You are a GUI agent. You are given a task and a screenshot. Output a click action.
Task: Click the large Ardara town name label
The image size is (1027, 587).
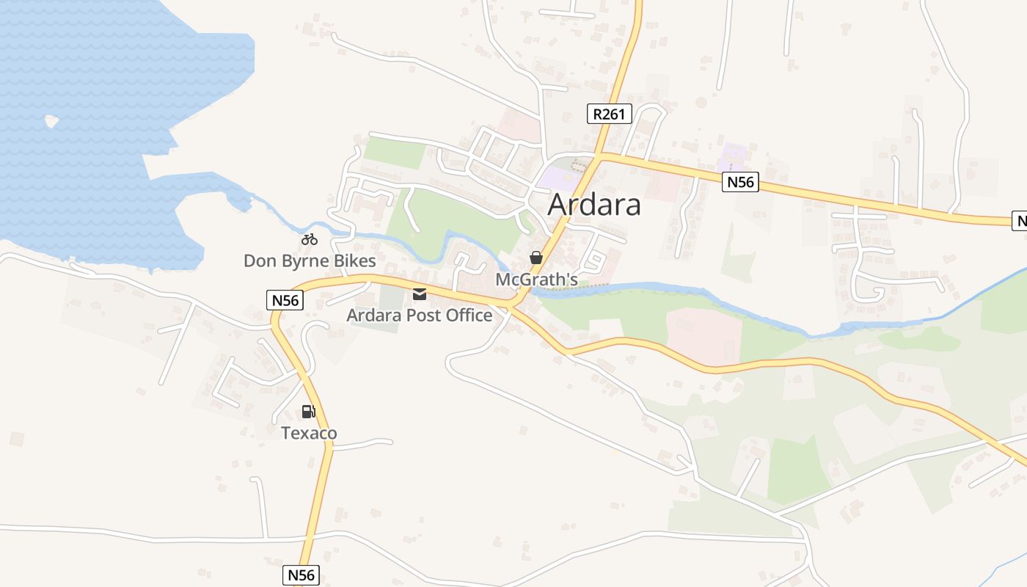pos(594,205)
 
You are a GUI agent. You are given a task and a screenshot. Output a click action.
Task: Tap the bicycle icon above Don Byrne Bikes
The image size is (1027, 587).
pos(310,239)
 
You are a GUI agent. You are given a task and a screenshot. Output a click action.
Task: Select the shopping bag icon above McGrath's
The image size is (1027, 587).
pos(536,258)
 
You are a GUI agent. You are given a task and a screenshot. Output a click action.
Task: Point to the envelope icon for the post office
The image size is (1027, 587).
pos(420,294)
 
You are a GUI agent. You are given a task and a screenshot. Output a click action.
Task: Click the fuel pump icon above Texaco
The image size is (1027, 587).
pos(309,412)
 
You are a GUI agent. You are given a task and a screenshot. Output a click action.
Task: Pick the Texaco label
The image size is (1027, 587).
pos(309,433)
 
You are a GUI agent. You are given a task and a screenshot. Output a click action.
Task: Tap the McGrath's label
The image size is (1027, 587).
pos(537,280)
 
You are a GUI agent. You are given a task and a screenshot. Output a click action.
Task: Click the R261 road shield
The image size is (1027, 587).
pos(610,114)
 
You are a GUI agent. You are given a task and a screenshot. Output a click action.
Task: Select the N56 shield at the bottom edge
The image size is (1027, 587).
pos(301,575)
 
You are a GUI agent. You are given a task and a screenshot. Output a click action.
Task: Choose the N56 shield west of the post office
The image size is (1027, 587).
pos(285,300)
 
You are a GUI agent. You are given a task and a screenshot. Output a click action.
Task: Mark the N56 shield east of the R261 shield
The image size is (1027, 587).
pos(740,182)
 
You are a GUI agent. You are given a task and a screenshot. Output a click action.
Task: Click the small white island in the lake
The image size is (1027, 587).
pos(51,121)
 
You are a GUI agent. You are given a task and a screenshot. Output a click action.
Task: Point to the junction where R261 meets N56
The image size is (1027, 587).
pos(599,156)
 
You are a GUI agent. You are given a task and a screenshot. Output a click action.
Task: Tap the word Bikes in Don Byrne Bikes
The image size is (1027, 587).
pos(354,260)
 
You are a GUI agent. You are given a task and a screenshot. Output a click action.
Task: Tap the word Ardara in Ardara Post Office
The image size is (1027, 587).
pos(373,316)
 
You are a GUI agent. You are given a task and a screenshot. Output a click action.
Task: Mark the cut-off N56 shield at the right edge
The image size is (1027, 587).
pos(1020,220)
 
